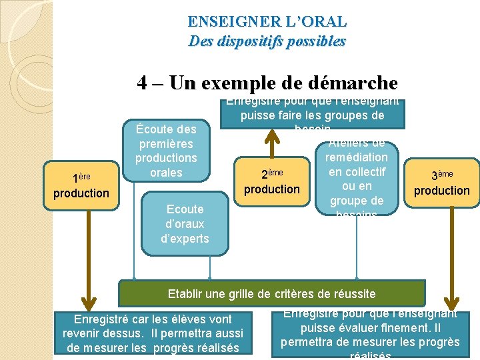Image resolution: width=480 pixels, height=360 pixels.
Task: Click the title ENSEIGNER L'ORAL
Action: pos(267,21)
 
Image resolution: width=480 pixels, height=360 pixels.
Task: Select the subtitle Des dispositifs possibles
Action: pos(267,41)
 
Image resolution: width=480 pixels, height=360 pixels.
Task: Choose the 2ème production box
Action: pos(272,181)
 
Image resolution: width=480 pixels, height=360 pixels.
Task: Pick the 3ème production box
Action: pos(441,183)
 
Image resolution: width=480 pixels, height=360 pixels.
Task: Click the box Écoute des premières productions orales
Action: pos(166,151)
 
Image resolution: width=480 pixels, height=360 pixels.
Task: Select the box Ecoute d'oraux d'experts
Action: pos(185,224)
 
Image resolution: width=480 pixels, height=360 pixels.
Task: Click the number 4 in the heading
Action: pos(143,83)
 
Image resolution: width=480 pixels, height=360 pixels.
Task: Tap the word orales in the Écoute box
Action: pos(166,173)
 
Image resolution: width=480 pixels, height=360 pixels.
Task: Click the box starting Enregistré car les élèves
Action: pos(153,333)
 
